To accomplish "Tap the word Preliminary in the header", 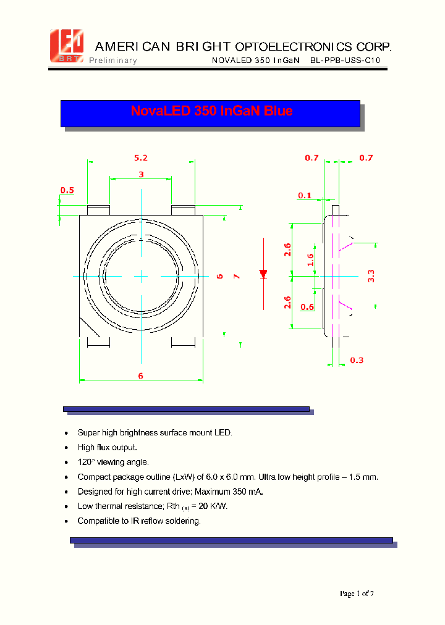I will (113, 61).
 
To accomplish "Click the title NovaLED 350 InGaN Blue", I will (211, 111).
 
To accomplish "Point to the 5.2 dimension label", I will (141, 158).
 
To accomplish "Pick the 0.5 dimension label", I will (67, 190).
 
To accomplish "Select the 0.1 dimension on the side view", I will (305, 196).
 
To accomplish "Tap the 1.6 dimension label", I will (310, 259).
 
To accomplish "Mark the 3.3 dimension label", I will (371, 275).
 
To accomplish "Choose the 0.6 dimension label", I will (307, 307).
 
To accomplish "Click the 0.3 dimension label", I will (357, 360).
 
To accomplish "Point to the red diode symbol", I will (263, 273).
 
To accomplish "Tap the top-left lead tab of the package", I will (98, 210).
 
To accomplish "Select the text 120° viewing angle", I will (113, 462).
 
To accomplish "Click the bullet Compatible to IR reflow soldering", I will (139, 521).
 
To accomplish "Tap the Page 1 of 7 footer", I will (357, 594).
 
